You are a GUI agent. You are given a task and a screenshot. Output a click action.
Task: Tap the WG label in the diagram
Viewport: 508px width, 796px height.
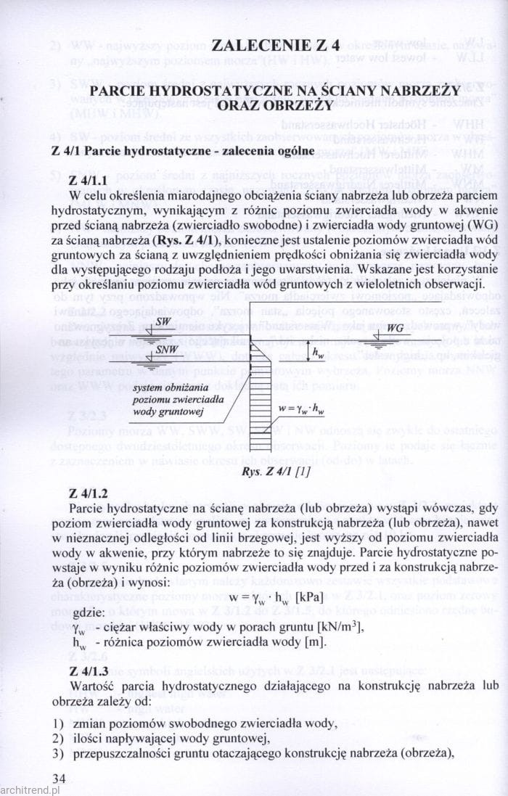(395, 329)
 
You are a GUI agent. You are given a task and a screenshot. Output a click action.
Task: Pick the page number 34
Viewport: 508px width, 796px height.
(59, 779)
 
